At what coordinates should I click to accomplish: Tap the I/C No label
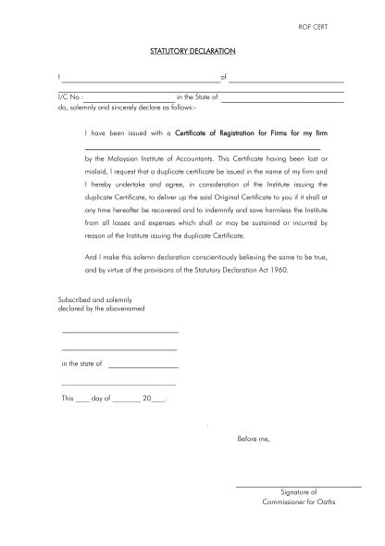tap(70, 96)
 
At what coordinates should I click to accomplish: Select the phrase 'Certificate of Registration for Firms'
tap(241, 134)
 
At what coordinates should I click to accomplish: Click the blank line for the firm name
tap(202, 148)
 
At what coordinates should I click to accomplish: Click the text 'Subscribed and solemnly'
tap(95, 299)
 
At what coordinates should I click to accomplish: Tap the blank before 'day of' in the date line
tap(83, 400)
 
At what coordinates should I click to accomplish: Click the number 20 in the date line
tap(146, 399)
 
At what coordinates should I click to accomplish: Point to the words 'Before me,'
tap(254, 438)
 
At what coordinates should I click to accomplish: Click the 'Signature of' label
tap(298, 492)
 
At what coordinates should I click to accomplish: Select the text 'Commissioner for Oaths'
tap(298, 502)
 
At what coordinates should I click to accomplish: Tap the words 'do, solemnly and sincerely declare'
tap(116, 108)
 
